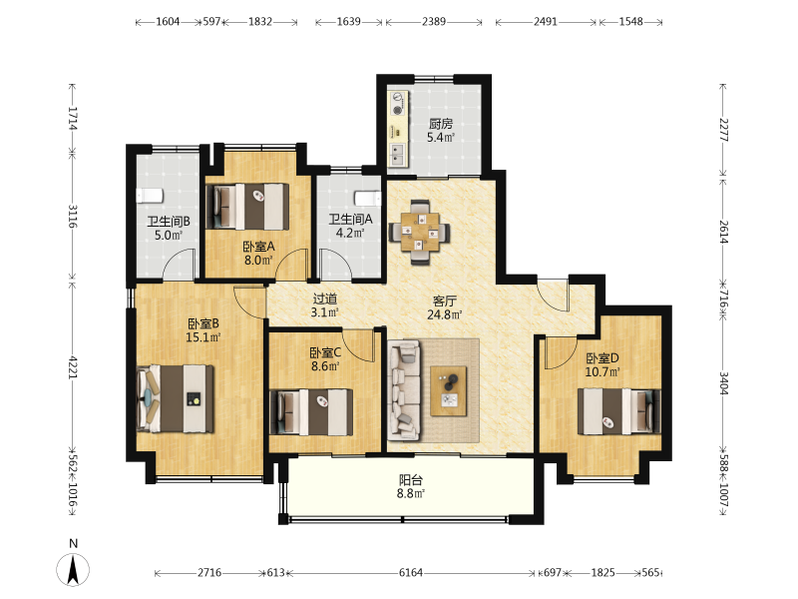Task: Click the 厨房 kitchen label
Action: (x=440, y=124)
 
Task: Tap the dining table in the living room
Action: (x=420, y=233)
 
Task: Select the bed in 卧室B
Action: (x=176, y=398)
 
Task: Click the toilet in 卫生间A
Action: (x=367, y=198)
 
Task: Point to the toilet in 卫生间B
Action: (x=150, y=195)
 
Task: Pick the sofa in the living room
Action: (x=404, y=390)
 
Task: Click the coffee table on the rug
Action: (x=448, y=390)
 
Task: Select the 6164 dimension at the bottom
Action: (x=411, y=572)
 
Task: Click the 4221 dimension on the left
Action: (x=72, y=367)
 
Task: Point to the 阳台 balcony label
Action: (x=411, y=480)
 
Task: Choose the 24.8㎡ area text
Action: (x=444, y=314)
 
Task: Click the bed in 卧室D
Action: (x=619, y=411)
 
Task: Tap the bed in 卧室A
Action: (x=247, y=207)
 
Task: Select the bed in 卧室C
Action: (x=311, y=412)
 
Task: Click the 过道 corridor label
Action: (x=325, y=299)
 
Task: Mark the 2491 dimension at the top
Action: (x=545, y=21)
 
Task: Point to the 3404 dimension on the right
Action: (x=724, y=383)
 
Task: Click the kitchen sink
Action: (x=397, y=155)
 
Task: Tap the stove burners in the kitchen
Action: (x=397, y=103)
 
